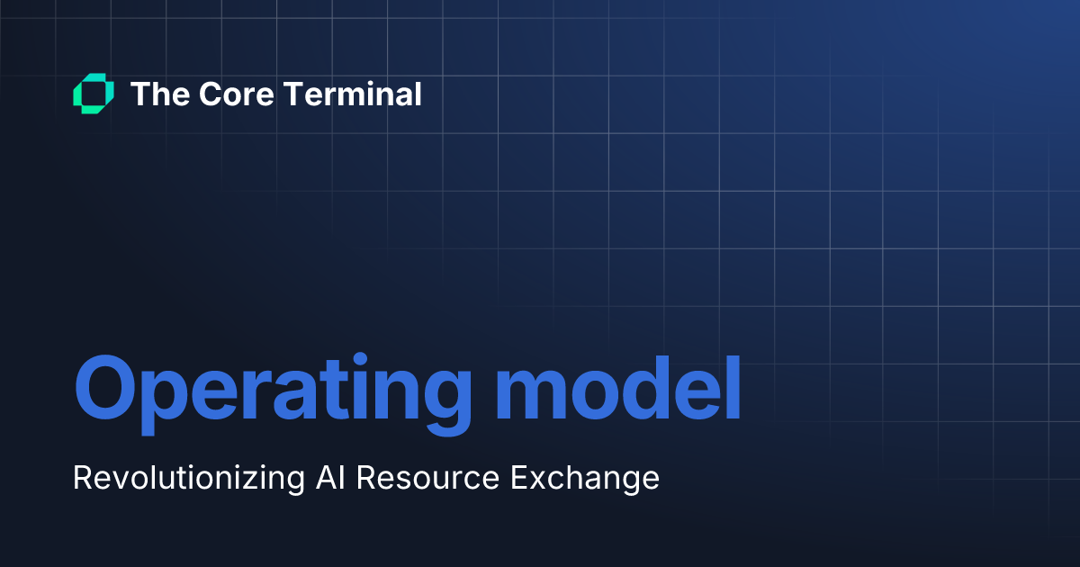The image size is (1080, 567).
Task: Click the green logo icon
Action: point(93,94)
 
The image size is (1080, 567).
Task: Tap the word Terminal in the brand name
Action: point(350,94)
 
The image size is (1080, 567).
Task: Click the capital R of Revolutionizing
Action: point(82,478)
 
